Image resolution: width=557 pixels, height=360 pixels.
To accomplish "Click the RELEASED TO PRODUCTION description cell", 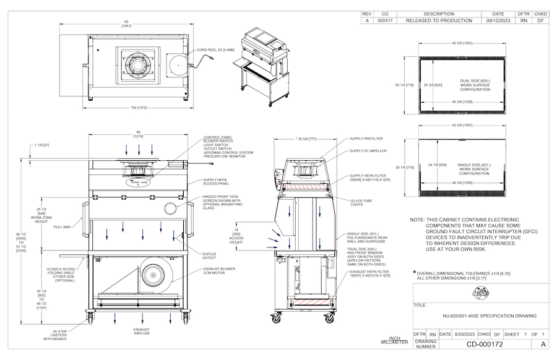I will [439, 20].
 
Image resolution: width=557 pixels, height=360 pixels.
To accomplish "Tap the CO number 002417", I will [385, 20].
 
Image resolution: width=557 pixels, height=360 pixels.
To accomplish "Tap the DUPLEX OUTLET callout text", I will [209, 256].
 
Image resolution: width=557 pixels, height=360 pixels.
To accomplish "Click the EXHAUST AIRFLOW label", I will [141, 332].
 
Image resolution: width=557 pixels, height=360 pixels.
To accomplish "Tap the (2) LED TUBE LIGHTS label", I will [364, 202].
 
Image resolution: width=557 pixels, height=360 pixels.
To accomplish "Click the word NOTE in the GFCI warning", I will [417, 220].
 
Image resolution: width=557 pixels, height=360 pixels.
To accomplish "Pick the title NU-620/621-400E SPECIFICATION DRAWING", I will [489, 316].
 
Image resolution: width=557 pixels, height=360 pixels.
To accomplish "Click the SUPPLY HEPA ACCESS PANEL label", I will [217, 182].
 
